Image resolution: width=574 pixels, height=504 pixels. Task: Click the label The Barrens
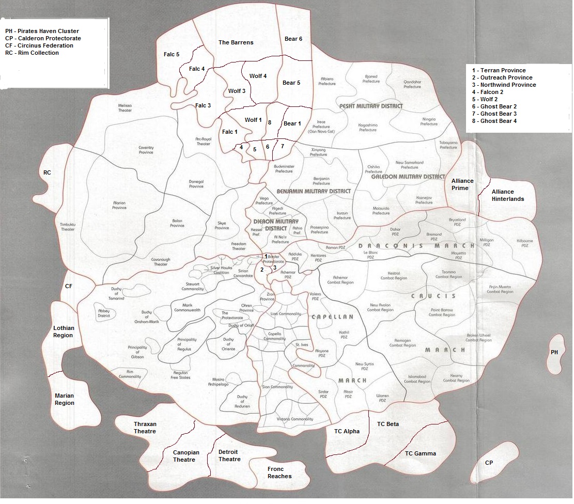(x=236, y=42)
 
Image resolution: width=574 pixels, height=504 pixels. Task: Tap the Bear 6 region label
(x=293, y=39)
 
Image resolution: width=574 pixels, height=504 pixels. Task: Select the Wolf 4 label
(x=258, y=76)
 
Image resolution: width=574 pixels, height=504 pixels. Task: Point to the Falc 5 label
(x=171, y=54)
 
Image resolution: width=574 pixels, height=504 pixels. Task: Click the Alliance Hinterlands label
(x=507, y=195)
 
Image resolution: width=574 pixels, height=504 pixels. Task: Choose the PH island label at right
(x=554, y=352)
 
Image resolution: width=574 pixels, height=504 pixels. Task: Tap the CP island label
(x=489, y=463)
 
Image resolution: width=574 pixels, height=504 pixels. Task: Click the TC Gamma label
(x=420, y=453)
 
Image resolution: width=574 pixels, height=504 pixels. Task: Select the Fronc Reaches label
(x=280, y=472)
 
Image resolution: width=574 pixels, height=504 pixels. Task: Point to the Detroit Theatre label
(x=229, y=455)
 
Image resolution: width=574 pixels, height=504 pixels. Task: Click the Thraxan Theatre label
(x=145, y=428)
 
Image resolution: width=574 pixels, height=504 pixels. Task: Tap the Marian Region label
(x=64, y=399)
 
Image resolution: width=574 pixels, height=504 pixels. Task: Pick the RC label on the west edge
(x=48, y=172)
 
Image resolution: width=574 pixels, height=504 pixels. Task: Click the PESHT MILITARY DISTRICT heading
(x=370, y=106)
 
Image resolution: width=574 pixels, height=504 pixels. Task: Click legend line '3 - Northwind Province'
(x=503, y=85)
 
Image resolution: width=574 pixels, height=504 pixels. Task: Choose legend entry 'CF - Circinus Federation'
(x=39, y=45)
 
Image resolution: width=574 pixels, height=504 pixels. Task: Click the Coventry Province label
(x=146, y=150)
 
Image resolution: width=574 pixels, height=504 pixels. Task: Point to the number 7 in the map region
(x=282, y=146)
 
